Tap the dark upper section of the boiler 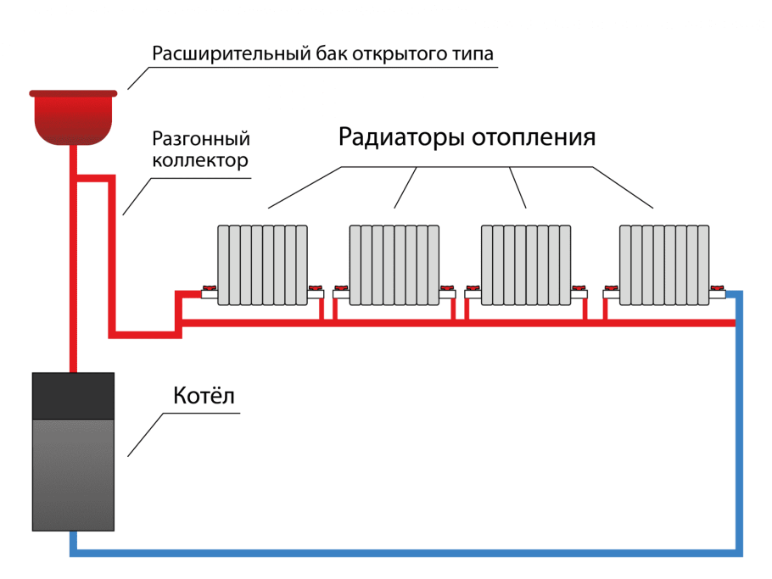pyautogui.click(x=73, y=395)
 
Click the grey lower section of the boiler pyautogui.click(x=73, y=475)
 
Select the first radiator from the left pyautogui.click(x=262, y=264)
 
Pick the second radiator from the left pyautogui.click(x=394, y=264)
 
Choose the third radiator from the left pyautogui.click(x=526, y=264)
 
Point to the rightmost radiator pyautogui.click(x=664, y=264)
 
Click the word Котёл pyautogui.click(x=204, y=396)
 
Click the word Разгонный pyautogui.click(x=200, y=138)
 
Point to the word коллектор pyautogui.click(x=200, y=160)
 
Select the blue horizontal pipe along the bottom pyautogui.click(x=407, y=553)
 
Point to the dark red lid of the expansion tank pyautogui.click(x=73, y=93)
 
